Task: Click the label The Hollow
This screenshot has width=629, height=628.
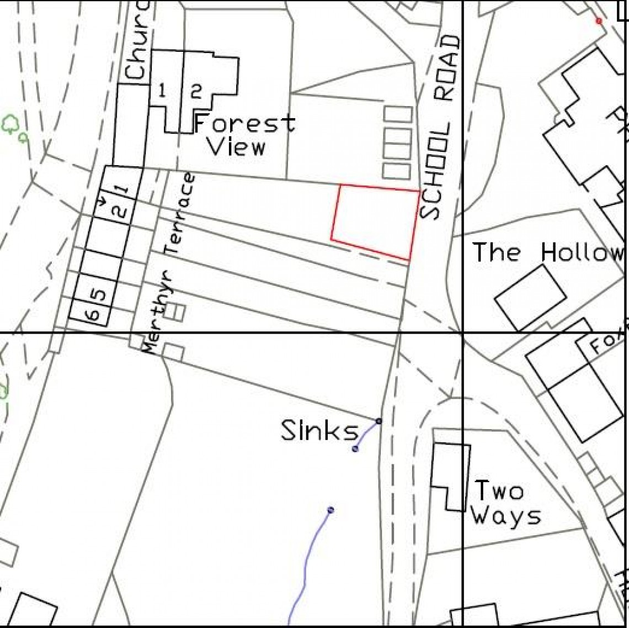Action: (549, 252)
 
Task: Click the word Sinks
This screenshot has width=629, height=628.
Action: (319, 431)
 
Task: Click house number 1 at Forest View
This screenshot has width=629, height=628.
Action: (162, 91)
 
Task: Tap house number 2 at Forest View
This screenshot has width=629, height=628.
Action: (196, 91)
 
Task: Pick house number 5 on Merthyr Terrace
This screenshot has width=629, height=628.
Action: (97, 294)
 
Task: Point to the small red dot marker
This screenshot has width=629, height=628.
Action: (599, 21)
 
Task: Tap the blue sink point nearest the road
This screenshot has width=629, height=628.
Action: (379, 421)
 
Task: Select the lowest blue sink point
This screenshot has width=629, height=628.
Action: (331, 510)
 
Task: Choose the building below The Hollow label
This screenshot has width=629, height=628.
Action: (530, 297)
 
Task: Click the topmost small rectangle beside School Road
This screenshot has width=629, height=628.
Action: (398, 114)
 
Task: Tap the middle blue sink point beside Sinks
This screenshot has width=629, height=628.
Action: (355, 449)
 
